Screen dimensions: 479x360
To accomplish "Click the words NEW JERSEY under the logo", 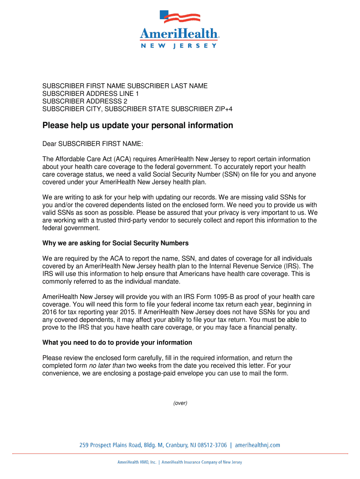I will (179, 46).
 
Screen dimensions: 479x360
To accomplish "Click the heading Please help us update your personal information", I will (137, 126).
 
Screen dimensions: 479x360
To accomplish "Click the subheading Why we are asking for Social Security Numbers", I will (115, 243).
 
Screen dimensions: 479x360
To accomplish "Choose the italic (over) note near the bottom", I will (180, 403).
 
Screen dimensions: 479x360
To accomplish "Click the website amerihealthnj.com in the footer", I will (257, 445).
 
